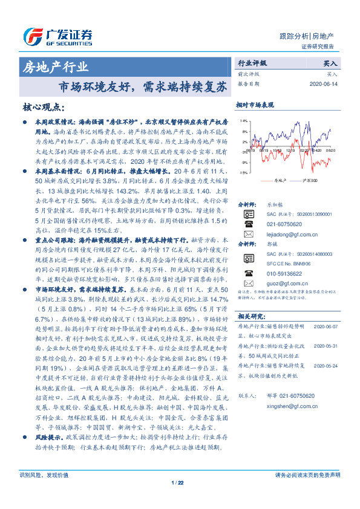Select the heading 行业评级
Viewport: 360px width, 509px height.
[252, 63]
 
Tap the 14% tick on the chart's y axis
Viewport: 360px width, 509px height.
[243, 121]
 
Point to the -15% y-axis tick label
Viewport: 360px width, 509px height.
[242, 173]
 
